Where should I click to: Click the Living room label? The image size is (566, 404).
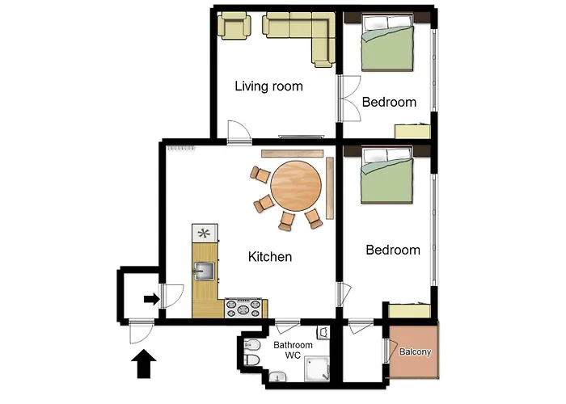coord(269,86)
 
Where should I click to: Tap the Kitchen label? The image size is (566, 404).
coord(270,257)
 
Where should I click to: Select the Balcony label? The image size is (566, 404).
coord(415,351)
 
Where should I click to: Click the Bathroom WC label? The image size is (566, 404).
coord(293,350)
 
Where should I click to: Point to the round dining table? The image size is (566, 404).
coord(296,186)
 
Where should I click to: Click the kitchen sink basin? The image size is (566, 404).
coord(205,271)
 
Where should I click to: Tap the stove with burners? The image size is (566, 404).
coord(243,309)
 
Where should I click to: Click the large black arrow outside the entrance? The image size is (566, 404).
coord(144,364)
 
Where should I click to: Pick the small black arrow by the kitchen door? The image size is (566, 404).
coord(152,299)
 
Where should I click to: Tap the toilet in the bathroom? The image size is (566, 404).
coord(252,360)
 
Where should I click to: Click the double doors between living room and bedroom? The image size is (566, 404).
coord(348,99)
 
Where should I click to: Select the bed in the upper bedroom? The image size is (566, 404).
coord(387,43)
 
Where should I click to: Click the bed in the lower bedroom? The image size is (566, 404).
coord(387,175)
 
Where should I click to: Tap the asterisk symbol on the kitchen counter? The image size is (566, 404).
coord(204,234)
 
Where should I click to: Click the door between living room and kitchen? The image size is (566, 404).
coord(239,133)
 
